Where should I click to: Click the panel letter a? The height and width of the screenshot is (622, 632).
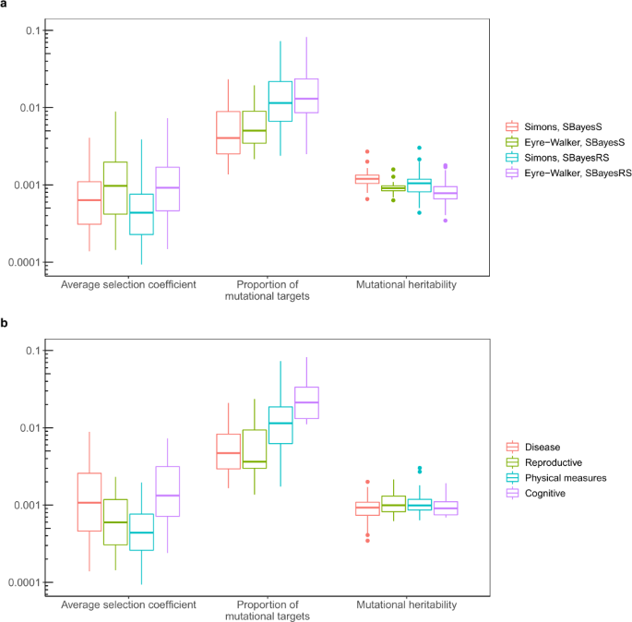(6, 6)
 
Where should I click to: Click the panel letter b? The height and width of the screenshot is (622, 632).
(6, 324)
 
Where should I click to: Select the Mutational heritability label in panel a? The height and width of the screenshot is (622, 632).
(407, 285)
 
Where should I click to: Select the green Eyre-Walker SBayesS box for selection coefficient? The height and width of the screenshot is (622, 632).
(115, 188)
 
